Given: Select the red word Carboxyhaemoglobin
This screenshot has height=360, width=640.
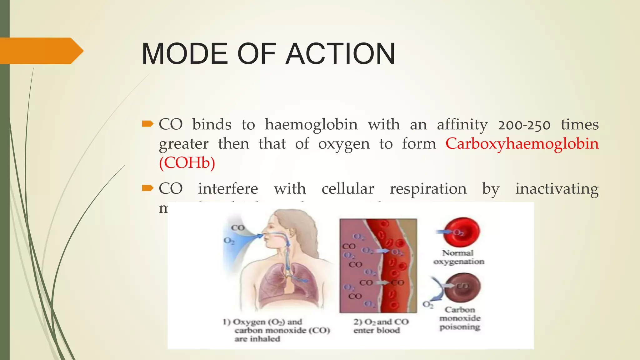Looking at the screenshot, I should click(x=522, y=144).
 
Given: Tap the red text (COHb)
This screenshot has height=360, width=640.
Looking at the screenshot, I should click(x=187, y=162).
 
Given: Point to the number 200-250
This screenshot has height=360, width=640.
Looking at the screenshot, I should click(x=524, y=125).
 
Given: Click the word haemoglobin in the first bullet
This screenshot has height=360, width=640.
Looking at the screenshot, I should click(x=311, y=124).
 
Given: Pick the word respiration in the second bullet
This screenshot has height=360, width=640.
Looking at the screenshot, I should click(x=428, y=189).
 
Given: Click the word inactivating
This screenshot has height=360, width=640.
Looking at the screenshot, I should click(x=557, y=189).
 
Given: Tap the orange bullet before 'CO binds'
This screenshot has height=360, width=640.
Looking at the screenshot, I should click(x=147, y=124).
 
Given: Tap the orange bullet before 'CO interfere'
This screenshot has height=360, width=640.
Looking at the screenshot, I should click(x=147, y=188).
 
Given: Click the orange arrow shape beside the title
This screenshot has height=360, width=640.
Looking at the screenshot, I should click(x=41, y=51).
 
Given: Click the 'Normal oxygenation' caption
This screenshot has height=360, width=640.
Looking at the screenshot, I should click(x=458, y=257).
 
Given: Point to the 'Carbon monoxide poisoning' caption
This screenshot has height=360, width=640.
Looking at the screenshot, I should click(x=460, y=318).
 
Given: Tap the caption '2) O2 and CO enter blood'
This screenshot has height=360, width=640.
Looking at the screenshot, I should click(x=381, y=326).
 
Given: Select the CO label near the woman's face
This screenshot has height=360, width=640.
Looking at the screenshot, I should click(x=237, y=227).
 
